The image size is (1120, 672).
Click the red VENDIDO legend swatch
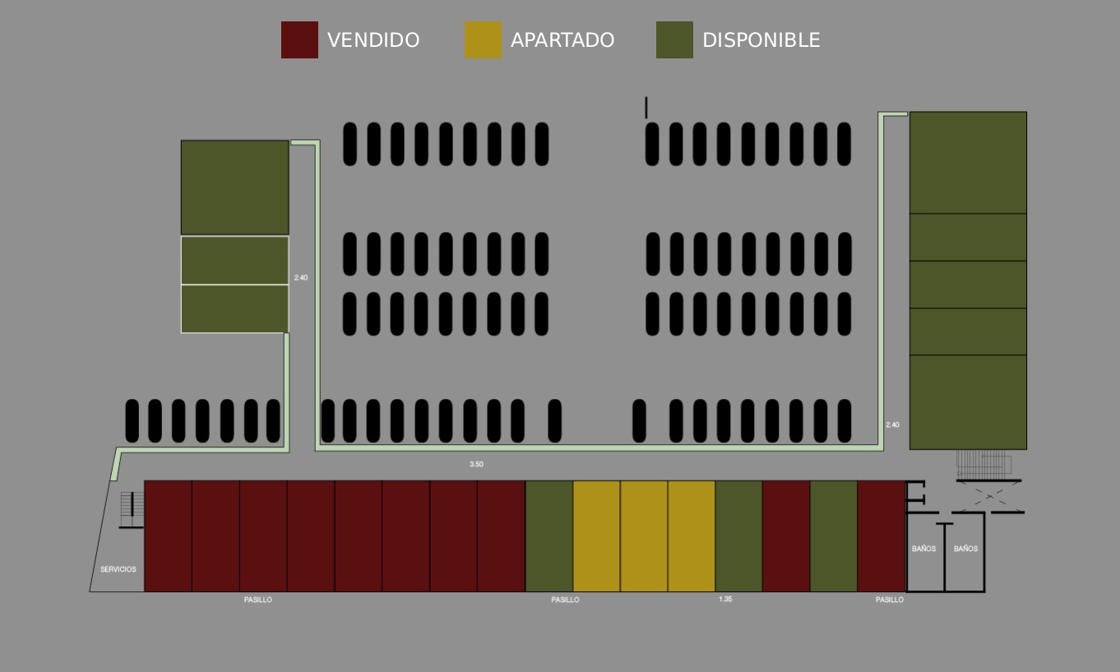click(x=299, y=40)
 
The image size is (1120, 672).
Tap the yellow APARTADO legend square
click(x=483, y=40)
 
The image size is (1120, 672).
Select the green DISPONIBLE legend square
click(x=674, y=40)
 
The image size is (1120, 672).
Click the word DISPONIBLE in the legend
click(x=761, y=40)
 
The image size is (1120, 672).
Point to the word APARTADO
click(x=562, y=40)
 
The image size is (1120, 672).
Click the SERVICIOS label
click(x=118, y=569)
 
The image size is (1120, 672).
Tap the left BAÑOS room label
click(x=923, y=549)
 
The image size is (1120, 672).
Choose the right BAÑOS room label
click(x=965, y=549)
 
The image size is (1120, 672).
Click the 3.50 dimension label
click(x=476, y=464)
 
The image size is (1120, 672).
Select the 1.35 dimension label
click(x=725, y=599)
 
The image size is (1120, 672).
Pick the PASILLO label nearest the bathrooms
click(x=890, y=600)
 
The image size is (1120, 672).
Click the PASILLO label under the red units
click(x=258, y=600)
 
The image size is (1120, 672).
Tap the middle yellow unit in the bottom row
click(x=644, y=536)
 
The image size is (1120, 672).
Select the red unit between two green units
click(x=786, y=536)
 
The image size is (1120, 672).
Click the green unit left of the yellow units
click(x=549, y=536)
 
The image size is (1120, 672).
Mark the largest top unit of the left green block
click(x=235, y=188)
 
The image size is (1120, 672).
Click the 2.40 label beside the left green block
click(x=301, y=277)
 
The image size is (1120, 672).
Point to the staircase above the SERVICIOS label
click(x=132, y=509)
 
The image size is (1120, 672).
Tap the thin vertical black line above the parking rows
click(x=646, y=108)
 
